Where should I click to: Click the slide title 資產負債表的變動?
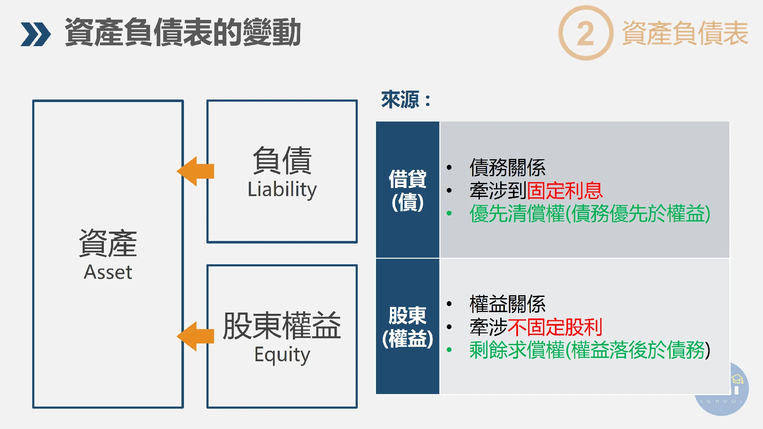[x=183, y=33]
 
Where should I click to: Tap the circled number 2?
[x=585, y=33]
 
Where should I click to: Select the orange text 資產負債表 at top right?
[x=685, y=33]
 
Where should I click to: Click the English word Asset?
[x=108, y=272]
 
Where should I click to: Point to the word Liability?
[x=282, y=189]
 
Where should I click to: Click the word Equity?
[x=282, y=354]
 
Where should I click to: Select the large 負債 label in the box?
[x=282, y=160]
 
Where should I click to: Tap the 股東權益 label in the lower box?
[x=282, y=325]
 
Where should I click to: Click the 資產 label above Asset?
[x=108, y=243]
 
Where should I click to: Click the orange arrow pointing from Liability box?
[x=195, y=171]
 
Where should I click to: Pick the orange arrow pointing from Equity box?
[x=195, y=336]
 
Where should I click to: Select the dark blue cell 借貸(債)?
[x=407, y=190]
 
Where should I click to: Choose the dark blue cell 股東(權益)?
[x=407, y=327]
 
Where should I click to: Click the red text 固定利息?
[x=564, y=191]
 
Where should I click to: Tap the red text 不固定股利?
[x=554, y=327]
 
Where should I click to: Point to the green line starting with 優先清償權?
[x=590, y=213]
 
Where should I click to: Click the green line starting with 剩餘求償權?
[x=590, y=350]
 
